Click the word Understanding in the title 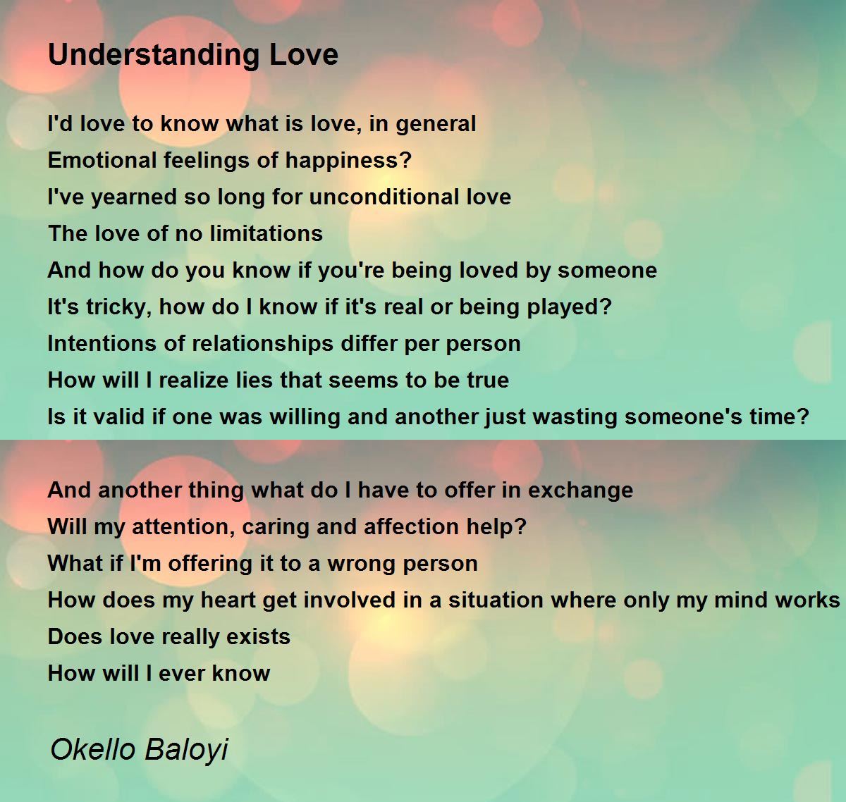pos(154,56)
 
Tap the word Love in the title pos(304,55)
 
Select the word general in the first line pos(436,125)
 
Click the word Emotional pos(102,160)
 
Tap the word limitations pos(266,234)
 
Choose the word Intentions pos(96,343)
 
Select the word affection pos(411,526)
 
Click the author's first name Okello pos(93,749)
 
